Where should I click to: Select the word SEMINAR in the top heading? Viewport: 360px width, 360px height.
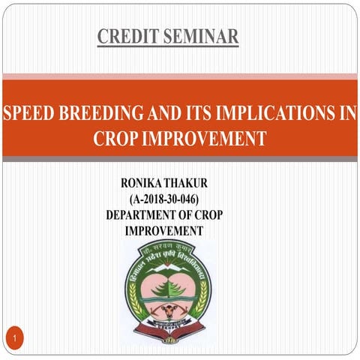(201, 35)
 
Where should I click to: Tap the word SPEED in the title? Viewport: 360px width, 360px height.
(28, 114)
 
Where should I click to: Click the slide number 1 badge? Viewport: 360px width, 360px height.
(15, 341)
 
